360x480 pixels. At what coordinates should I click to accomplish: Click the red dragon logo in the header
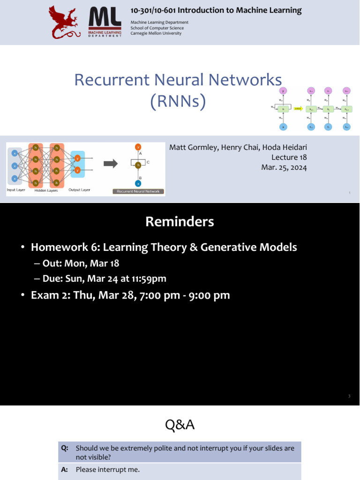coord(67,22)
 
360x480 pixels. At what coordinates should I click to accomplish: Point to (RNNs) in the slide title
coord(178,101)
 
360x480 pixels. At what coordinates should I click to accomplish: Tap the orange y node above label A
coord(138,146)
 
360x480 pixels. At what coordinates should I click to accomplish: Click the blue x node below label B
coord(138,183)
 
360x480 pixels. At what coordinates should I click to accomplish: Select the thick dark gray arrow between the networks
coord(111,164)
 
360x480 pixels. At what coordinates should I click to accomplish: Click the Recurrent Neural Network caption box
coord(138,191)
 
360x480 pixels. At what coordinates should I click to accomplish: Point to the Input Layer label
coord(16,190)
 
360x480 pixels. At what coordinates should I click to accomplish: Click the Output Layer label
coord(80,190)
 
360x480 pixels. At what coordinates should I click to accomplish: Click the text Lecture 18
coord(289,157)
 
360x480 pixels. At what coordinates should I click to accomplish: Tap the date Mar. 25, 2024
coord(285,167)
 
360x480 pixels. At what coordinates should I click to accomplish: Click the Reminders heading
coord(180,222)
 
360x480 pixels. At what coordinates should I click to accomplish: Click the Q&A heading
coord(180,425)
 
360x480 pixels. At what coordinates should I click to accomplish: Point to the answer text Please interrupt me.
coord(108,469)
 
